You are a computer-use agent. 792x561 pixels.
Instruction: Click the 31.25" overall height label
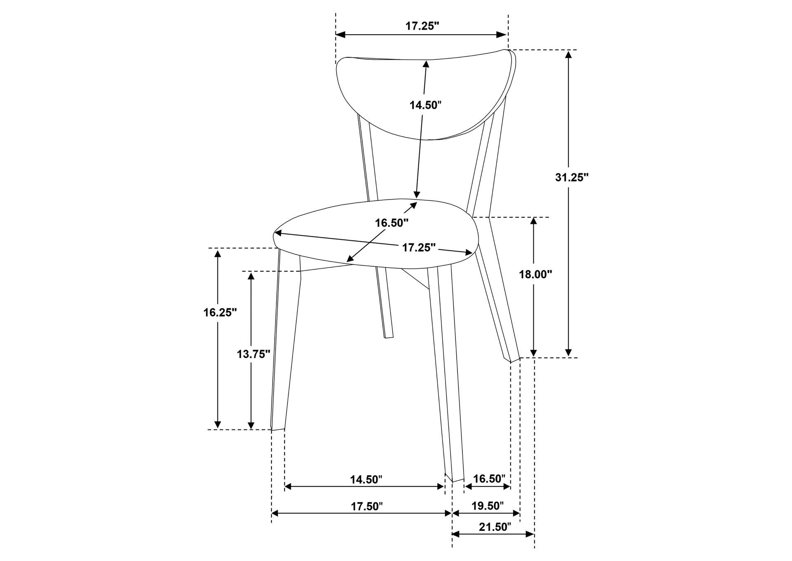point(572,177)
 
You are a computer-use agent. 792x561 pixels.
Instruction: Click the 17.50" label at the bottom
point(367,506)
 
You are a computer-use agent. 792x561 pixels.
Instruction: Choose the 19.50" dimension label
point(488,506)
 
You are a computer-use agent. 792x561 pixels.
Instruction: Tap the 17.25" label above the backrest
point(422,26)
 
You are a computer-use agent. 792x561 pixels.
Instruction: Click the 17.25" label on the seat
point(419,248)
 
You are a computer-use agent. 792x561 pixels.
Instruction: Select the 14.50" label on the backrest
point(426,105)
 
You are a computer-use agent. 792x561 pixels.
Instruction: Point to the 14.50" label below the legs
point(366,479)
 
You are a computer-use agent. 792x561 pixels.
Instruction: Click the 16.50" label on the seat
point(391,223)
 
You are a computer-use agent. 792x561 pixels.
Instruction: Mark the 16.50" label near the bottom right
point(489,479)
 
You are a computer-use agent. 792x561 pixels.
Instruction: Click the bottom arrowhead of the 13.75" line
point(251,425)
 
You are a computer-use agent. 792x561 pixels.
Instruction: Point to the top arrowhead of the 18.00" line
point(534,222)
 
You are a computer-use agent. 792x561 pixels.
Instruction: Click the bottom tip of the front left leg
point(278,429)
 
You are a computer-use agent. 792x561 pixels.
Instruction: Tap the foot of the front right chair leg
point(455,479)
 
